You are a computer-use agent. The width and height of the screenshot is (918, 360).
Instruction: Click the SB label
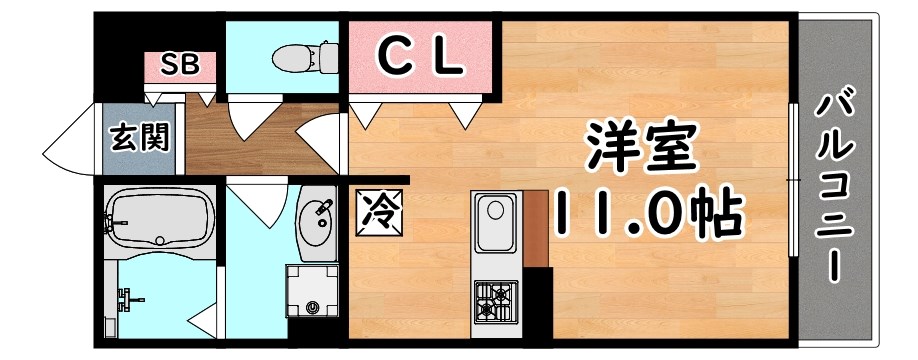[182, 65]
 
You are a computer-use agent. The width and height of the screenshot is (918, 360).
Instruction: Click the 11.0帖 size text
[645, 210]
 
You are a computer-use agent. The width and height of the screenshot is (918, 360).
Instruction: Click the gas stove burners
[495, 298]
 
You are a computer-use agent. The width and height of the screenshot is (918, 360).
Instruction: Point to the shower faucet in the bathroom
[128, 297]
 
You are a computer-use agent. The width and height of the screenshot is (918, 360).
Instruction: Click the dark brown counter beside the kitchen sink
[533, 228]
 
